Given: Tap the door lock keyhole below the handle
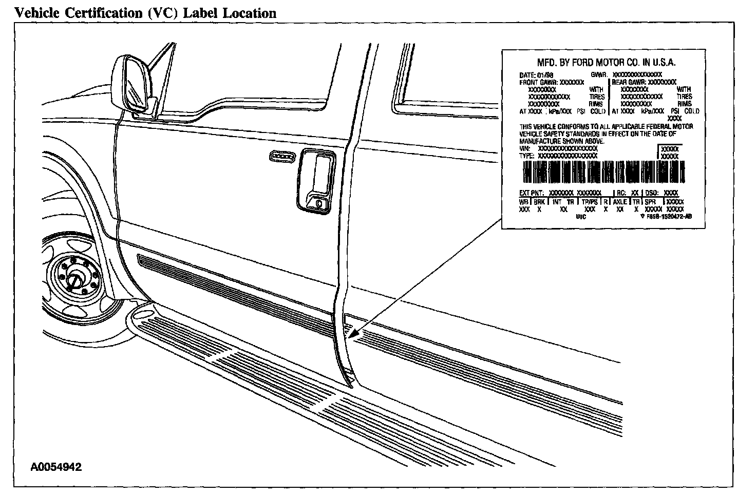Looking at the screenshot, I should [318, 203].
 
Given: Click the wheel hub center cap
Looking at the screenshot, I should [75, 280].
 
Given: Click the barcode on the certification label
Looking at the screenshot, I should [603, 173].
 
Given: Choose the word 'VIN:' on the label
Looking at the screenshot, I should [524, 149].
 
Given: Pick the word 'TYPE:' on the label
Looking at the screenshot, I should [527, 156].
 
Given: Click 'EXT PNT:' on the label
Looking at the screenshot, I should [532, 193].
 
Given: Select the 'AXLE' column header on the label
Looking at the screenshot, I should [620, 202].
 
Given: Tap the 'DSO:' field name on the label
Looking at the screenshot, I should [653, 193].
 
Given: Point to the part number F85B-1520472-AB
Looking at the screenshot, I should [668, 216].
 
